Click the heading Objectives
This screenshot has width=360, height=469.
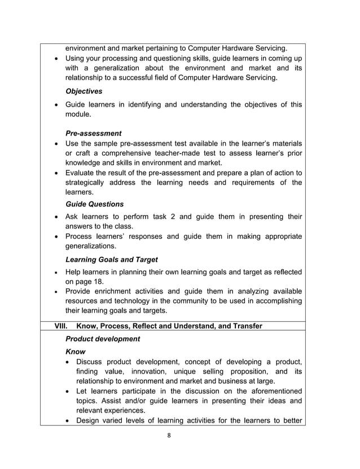(x=85, y=91)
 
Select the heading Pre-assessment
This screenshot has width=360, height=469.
(x=93, y=133)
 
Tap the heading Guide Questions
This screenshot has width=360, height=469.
(x=94, y=204)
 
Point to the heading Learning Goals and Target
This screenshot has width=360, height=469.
(x=111, y=260)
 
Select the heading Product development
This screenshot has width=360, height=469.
(x=103, y=339)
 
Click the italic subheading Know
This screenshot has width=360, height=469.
(x=76, y=352)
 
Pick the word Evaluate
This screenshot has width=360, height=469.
(x=83, y=172)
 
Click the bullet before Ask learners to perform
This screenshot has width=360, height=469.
(x=58, y=217)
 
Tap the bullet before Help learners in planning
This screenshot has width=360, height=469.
(x=58, y=273)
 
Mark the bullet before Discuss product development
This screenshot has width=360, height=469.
(x=68, y=362)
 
